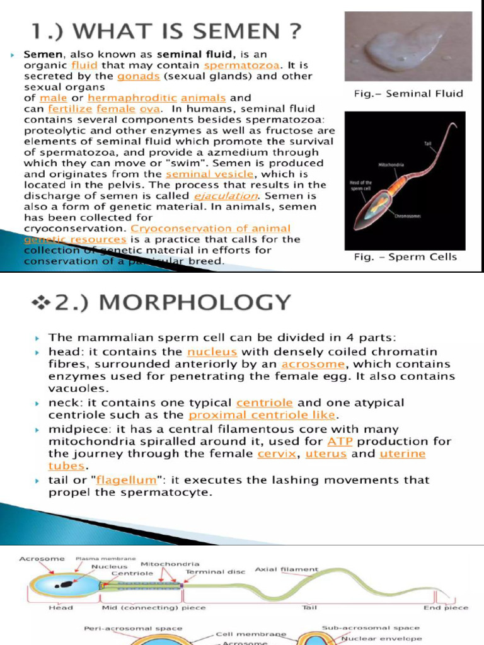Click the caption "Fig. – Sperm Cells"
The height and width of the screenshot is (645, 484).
click(405, 257)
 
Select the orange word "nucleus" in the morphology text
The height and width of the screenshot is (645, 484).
click(212, 352)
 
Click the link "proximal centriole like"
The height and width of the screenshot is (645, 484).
click(263, 415)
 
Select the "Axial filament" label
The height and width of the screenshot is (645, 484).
click(287, 569)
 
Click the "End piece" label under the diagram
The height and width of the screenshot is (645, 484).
click(447, 608)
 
